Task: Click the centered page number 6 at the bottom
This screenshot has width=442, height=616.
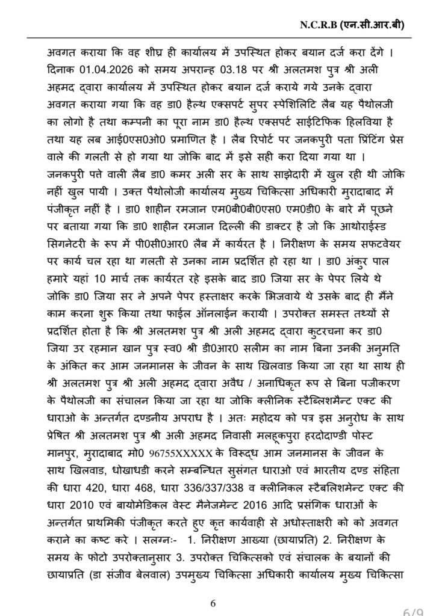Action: [x=213, y=603]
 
